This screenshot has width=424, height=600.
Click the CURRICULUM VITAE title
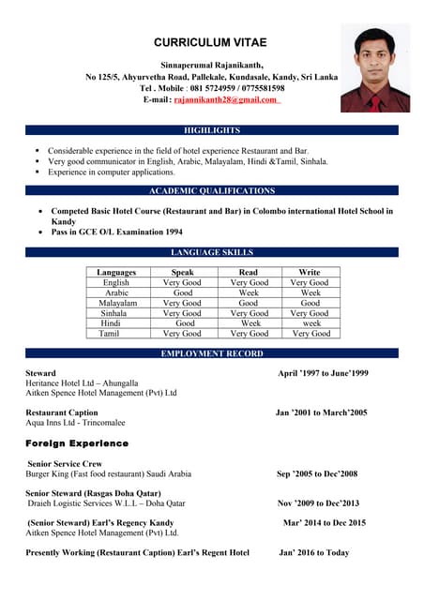click(211, 42)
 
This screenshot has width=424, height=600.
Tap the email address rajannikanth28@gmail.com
click(224, 99)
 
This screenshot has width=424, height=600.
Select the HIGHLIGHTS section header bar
click(212, 130)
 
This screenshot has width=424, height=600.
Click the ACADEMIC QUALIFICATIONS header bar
click(212, 190)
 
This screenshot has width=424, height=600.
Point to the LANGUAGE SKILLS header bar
click(212, 252)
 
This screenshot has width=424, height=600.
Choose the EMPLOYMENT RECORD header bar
click(212, 353)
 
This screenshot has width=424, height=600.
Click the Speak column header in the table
click(182, 272)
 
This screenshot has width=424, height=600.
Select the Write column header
click(310, 272)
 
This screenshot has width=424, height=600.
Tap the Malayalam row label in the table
click(117, 303)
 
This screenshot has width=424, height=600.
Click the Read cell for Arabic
click(249, 292)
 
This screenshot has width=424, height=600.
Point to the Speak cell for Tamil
click(182, 334)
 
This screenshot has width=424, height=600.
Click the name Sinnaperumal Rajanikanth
click(212, 64)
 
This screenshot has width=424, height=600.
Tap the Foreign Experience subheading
click(77, 442)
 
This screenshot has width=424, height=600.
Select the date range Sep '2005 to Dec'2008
click(317, 473)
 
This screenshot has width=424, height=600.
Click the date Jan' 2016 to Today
click(314, 552)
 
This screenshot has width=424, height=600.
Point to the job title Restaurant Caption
click(62, 412)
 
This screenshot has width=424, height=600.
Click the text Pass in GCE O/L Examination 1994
click(116, 232)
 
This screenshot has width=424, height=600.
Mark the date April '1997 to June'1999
click(323, 373)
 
